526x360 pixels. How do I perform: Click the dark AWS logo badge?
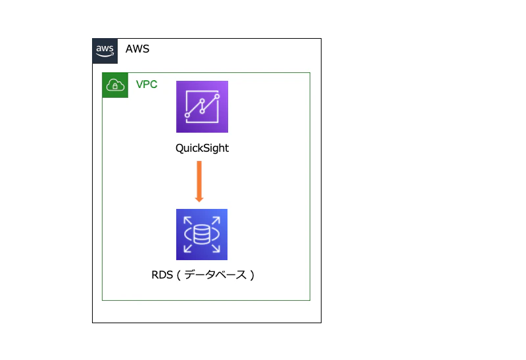point(105,51)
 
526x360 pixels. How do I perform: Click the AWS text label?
point(137,49)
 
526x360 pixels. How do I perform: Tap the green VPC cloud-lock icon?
point(115,85)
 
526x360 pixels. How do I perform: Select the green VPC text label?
point(147,84)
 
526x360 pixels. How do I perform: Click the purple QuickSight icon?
point(202,106)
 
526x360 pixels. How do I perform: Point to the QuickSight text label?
point(202,148)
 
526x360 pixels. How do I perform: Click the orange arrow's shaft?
point(199,179)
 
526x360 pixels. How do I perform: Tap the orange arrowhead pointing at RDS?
point(199,200)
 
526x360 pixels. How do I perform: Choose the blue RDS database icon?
point(202,235)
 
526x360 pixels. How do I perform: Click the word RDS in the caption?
point(162,275)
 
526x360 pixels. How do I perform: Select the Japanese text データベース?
point(216,275)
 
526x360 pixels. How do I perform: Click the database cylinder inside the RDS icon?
point(202,235)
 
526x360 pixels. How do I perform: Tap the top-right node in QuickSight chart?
point(217,97)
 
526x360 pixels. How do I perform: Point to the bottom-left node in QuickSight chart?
point(187,116)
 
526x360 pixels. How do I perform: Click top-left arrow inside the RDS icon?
point(187,221)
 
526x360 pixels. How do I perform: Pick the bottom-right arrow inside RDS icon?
point(216,248)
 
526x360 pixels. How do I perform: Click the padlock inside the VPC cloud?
point(115,87)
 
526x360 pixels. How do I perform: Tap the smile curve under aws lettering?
point(105,55)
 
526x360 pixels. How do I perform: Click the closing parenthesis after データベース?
point(252,275)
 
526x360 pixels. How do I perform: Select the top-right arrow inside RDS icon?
point(216,221)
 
